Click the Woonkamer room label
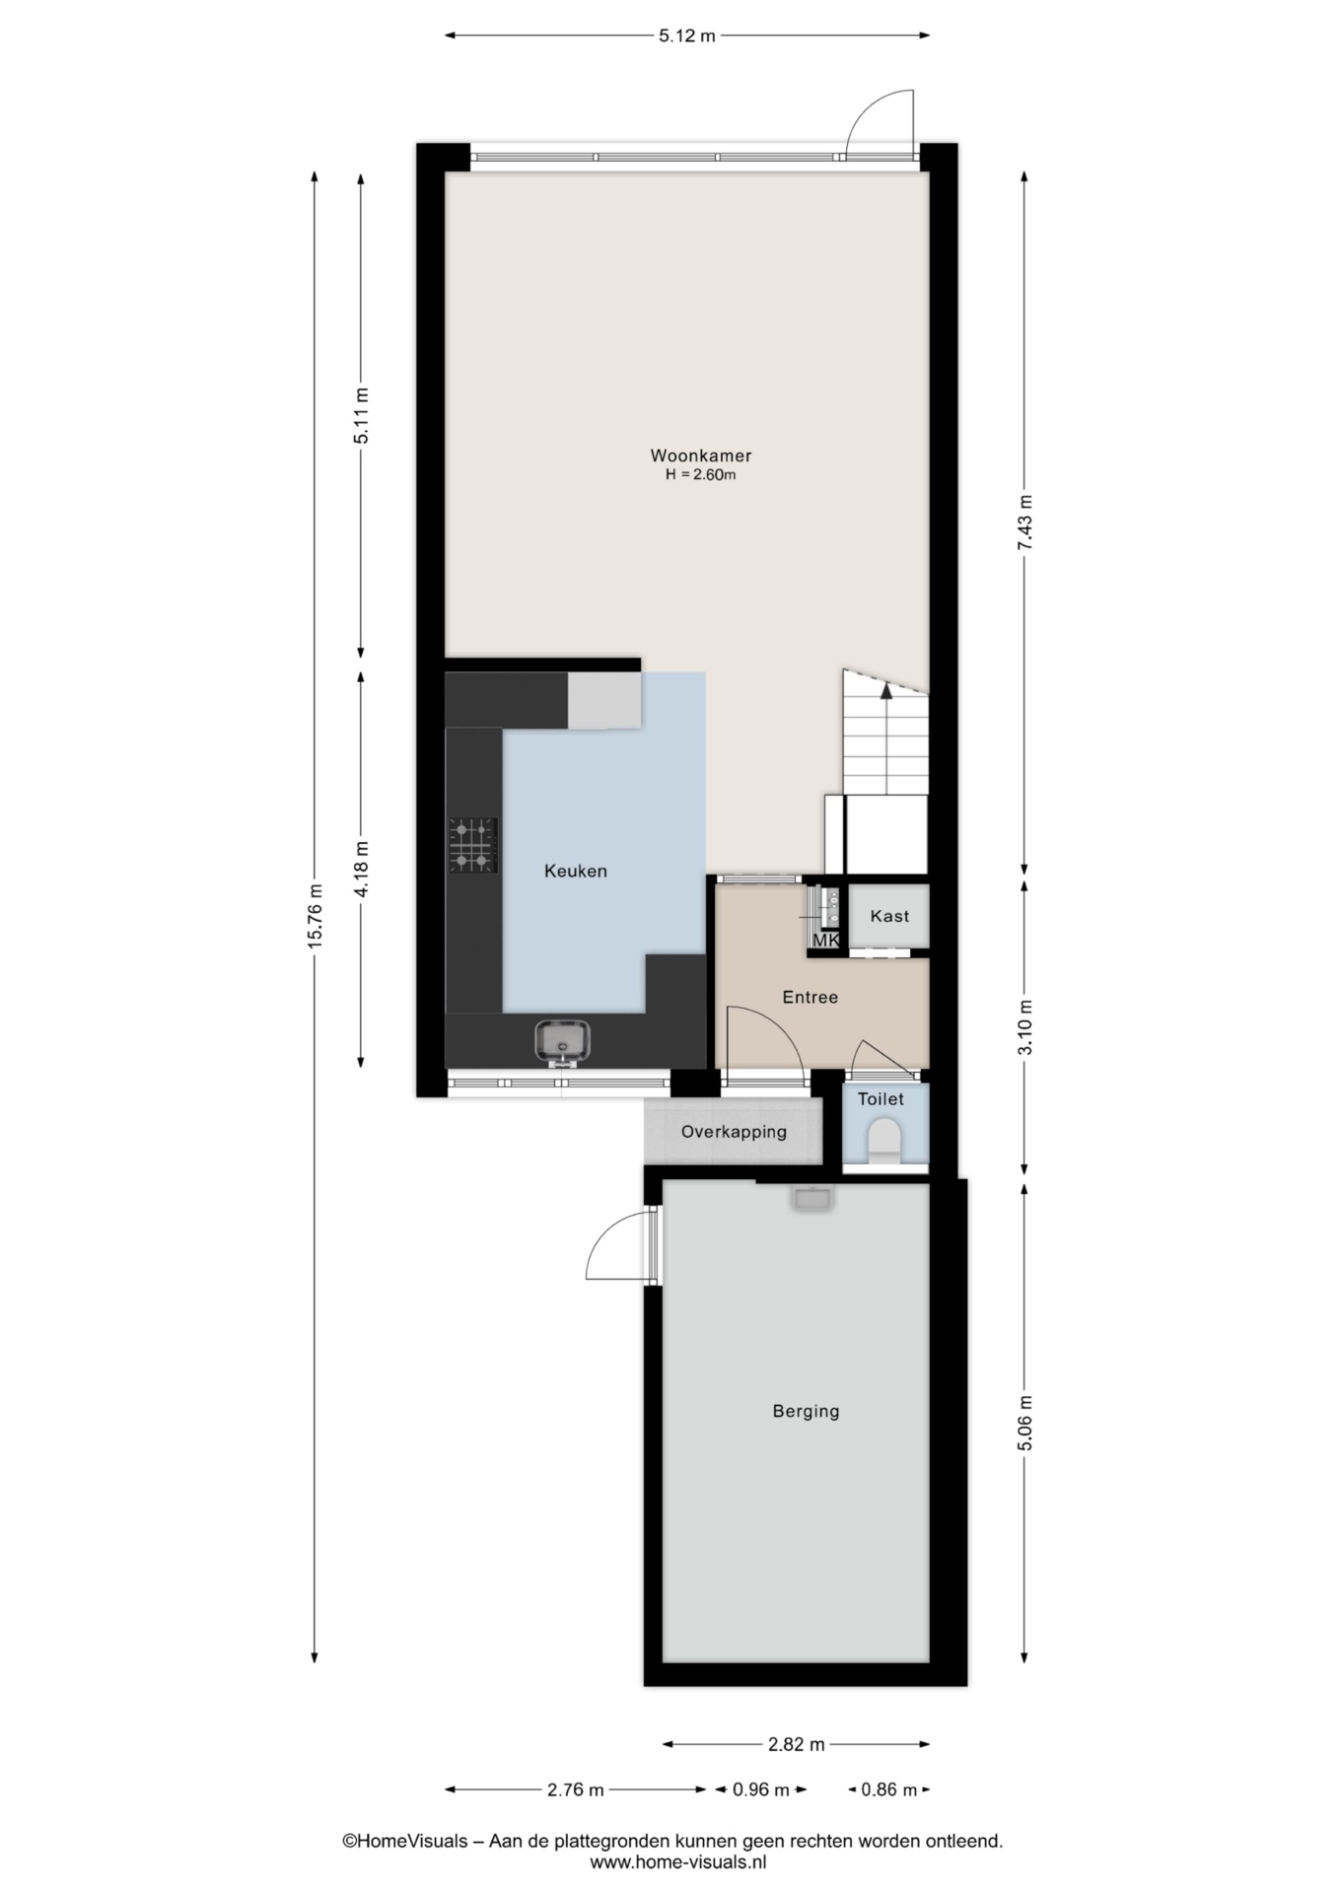click(700, 456)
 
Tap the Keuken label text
click(576, 871)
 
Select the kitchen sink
click(562, 1041)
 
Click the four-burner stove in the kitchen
click(472, 846)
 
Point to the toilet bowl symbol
click(884, 1139)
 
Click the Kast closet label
click(889, 916)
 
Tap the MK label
click(826, 941)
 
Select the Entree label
click(810, 997)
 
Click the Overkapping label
click(734, 1132)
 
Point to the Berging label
click(806, 1412)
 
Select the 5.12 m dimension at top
click(686, 36)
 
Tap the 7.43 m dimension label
click(1025, 525)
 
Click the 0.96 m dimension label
click(760, 1789)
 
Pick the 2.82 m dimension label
click(796, 1744)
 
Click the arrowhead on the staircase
click(886, 690)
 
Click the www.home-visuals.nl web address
click(678, 1862)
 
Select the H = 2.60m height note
click(700, 475)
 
